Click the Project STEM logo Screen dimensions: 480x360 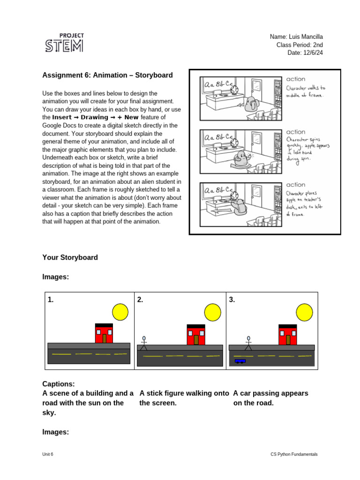[x=64, y=43]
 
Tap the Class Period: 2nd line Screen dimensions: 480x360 [x=299, y=45]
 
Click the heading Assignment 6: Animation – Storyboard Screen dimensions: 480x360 [x=107, y=75]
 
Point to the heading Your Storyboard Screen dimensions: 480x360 [x=70, y=257]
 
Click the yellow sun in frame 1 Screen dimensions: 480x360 [x=120, y=311]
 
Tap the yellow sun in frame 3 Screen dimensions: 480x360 [x=304, y=311]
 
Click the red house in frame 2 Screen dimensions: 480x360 [x=196, y=334]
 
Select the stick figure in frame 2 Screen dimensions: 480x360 [x=144, y=343]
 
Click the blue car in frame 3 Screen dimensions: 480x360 [x=240, y=361]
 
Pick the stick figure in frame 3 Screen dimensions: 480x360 [x=248, y=343]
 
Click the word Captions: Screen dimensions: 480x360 [x=59, y=384]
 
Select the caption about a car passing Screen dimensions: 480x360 [x=270, y=398]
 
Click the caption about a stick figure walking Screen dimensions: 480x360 [x=184, y=398]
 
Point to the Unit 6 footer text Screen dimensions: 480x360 [x=47, y=454]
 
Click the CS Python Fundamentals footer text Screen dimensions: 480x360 [x=294, y=454]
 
